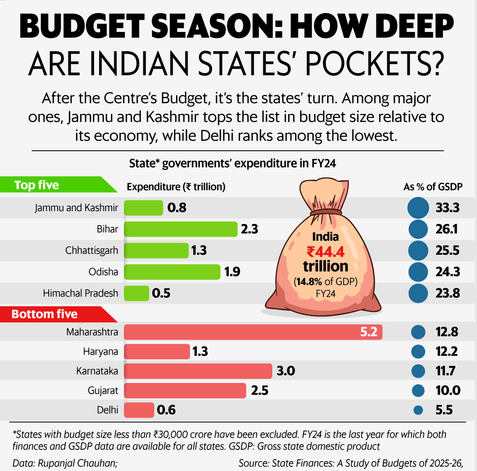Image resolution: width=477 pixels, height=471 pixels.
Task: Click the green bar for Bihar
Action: (181, 229)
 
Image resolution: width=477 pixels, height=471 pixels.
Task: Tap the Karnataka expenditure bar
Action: (198, 371)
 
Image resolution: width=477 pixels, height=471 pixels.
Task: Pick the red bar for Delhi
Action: (139, 410)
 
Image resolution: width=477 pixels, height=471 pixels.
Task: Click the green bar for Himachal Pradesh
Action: (136, 293)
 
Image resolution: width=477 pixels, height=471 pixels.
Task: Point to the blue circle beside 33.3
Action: (418, 208)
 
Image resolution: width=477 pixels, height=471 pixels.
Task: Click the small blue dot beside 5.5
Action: (418, 410)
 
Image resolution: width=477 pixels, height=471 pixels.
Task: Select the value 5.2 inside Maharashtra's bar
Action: (368, 332)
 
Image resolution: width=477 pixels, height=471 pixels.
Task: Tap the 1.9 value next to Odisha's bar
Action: (232, 272)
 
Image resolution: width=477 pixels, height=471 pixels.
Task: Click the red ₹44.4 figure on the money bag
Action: (326, 251)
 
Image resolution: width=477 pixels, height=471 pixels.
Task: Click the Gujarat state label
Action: (103, 391)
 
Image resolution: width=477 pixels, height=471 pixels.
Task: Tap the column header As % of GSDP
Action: (433, 187)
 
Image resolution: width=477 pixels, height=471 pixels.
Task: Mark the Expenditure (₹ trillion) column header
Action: (176, 187)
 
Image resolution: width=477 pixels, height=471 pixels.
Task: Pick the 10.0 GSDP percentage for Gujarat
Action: (448, 391)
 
